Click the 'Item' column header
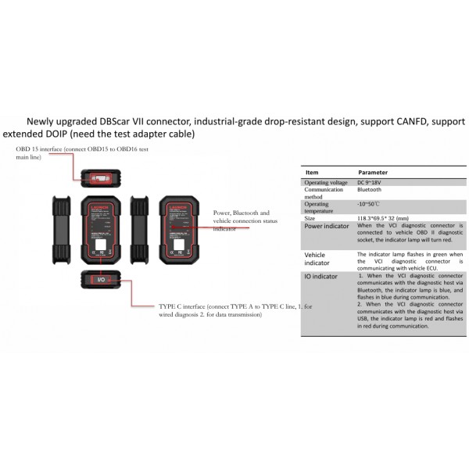coord(312,171)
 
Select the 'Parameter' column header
coord(373,171)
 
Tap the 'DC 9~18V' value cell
coord(372,182)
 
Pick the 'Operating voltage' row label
coord(326,182)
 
